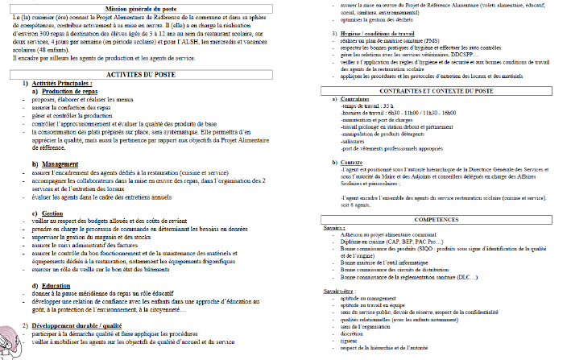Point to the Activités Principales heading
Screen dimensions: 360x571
[64, 83]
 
